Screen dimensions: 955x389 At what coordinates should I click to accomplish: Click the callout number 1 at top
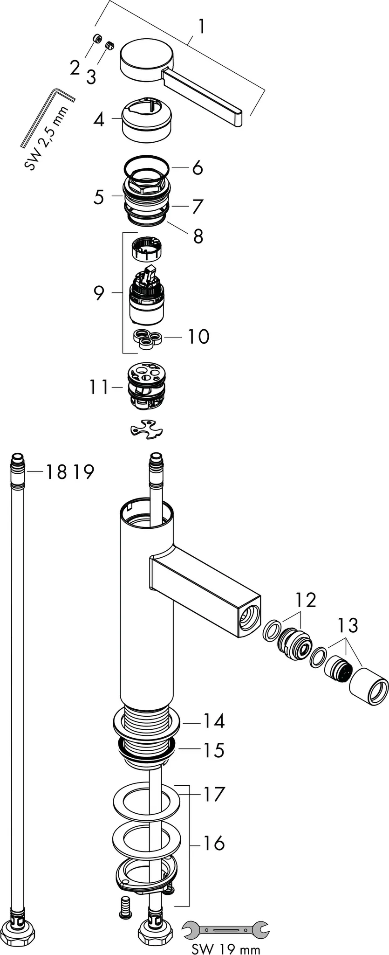(201, 27)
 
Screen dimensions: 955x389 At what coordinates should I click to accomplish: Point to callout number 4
(98, 120)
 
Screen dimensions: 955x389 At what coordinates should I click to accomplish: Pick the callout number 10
(198, 336)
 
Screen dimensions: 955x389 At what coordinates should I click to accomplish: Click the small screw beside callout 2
(97, 39)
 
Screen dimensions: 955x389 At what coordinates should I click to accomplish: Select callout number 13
(348, 625)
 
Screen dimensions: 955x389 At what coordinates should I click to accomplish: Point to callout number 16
(214, 843)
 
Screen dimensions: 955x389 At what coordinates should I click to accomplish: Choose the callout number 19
(83, 472)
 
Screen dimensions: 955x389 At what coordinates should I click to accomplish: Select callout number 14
(213, 721)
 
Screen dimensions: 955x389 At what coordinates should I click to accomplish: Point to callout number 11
(99, 387)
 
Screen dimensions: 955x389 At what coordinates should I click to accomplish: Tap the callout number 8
(198, 236)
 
